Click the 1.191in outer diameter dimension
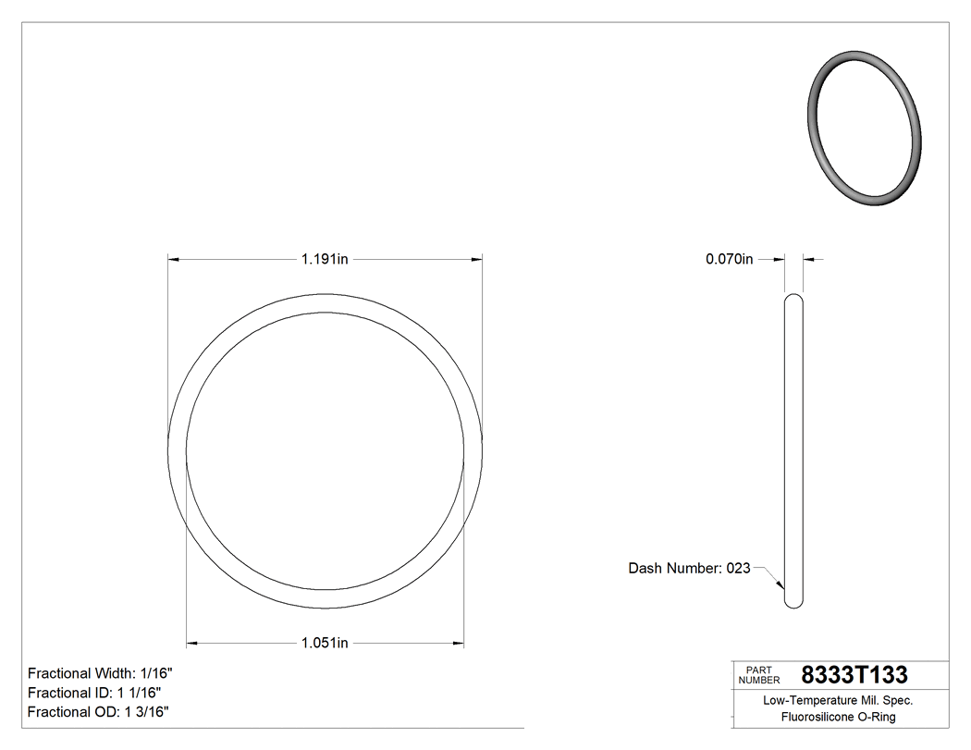pos(324,260)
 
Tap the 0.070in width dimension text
pos(730,260)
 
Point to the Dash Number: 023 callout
pos(689,569)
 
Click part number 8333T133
pos(854,675)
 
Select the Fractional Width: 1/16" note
pos(100,673)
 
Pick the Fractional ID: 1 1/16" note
pos(95,693)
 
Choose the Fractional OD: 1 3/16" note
pos(98,712)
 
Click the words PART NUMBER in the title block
pos(759,675)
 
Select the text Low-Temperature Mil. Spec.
pos(838,701)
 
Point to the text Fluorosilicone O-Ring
pos(838,717)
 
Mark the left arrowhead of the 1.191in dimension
pos(173,260)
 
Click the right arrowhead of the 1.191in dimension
pos(477,260)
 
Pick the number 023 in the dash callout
pos(738,569)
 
